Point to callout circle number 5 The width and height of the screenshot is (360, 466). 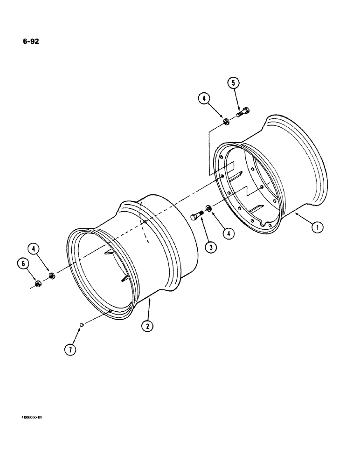[x=234, y=83]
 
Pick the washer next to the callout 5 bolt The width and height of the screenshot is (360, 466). [x=225, y=122]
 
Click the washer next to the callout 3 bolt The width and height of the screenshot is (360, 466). [x=208, y=208]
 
